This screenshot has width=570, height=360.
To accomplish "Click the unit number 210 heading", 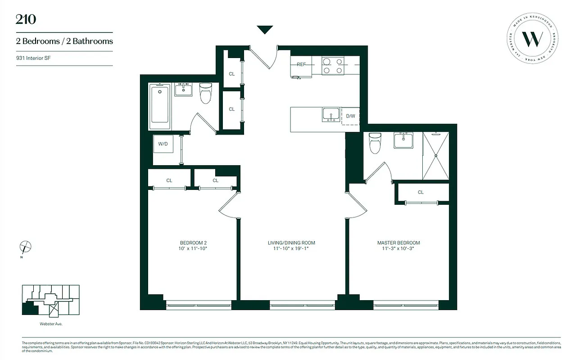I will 26,19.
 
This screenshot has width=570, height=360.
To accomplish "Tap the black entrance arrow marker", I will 265,30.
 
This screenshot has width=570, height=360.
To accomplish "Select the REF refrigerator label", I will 301,64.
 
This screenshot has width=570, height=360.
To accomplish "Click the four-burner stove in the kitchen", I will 333,66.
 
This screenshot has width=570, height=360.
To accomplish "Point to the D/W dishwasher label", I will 350,116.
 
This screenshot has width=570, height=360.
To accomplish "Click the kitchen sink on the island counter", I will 331,115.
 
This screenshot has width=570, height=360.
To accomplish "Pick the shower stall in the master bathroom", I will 435,156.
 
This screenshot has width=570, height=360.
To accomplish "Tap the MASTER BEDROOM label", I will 398,243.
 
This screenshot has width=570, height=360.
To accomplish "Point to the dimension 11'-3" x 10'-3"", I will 398,248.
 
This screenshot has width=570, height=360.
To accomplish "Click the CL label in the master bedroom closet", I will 421,192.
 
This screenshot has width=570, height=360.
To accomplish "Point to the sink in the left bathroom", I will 183,89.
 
